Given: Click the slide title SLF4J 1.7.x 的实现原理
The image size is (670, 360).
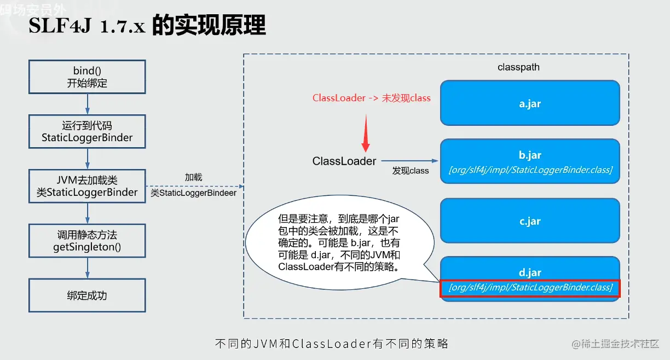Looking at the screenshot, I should click(x=147, y=26).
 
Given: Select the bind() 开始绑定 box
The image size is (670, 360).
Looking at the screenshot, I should click(x=88, y=77).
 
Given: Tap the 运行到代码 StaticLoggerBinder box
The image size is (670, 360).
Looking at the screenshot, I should click(x=88, y=131).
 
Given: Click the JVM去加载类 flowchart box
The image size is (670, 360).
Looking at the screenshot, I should click(x=88, y=186).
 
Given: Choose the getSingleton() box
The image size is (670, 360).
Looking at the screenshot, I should click(x=88, y=241).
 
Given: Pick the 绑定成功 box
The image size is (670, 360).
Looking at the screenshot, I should click(x=88, y=295).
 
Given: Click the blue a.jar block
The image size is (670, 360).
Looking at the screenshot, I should click(x=530, y=103).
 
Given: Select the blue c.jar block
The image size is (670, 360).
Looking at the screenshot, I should click(x=530, y=221).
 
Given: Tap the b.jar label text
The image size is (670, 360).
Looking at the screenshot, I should click(x=530, y=155).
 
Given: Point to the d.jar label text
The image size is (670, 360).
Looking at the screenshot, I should click(x=530, y=272).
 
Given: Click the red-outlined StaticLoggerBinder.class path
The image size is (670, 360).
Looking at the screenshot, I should click(x=530, y=288).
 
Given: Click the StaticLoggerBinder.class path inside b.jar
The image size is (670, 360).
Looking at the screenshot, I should click(x=530, y=170).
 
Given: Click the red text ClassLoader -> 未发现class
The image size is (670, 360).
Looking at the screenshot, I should click(x=372, y=98).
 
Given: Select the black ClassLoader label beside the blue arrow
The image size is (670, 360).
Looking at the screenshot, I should click(x=344, y=161).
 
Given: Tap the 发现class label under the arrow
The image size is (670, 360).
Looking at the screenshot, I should click(x=411, y=171).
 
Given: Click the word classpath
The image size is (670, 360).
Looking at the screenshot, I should click(x=518, y=67).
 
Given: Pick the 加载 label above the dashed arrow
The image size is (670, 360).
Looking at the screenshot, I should click(x=193, y=177).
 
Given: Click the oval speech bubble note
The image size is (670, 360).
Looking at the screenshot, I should click(x=339, y=243).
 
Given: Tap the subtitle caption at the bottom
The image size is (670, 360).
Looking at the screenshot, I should click(x=332, y=344).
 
